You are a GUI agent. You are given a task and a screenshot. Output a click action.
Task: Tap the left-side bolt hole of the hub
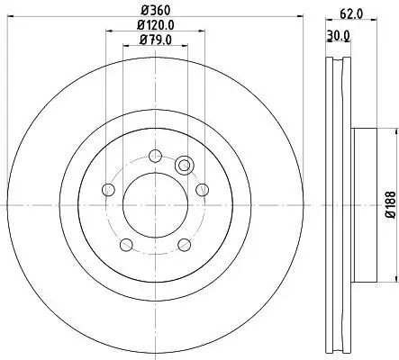109,189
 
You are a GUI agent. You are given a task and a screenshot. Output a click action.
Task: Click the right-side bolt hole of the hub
203,188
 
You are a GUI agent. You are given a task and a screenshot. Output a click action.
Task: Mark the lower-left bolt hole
127,244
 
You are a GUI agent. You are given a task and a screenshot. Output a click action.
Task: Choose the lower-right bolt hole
184,244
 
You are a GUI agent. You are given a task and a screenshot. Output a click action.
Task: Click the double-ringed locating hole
186,165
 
